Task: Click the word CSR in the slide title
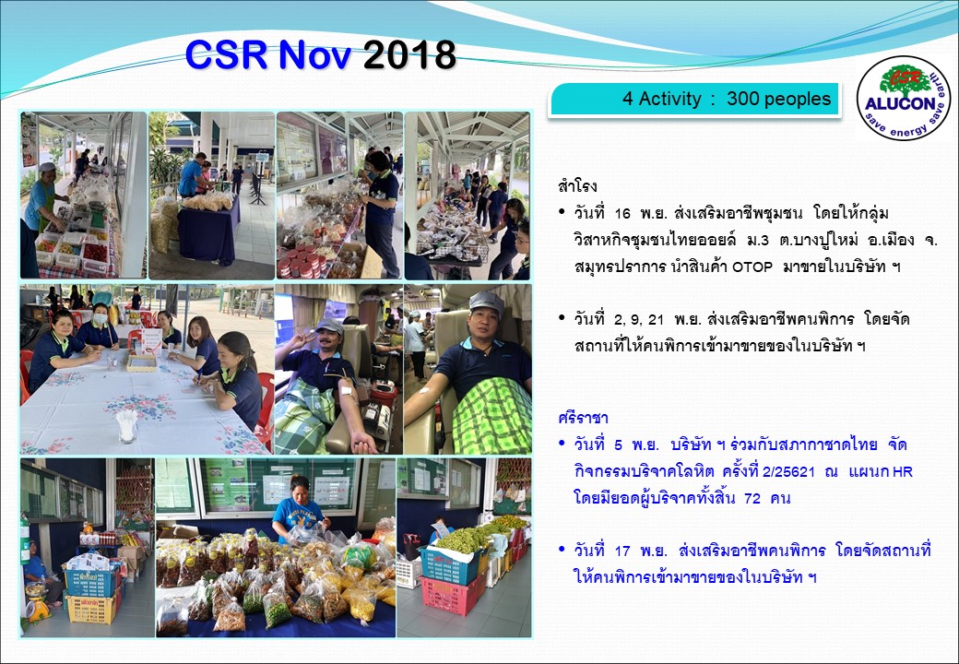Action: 226,54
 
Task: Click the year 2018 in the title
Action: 409,55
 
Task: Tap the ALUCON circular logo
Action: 904,98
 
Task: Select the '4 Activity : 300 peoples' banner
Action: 696,99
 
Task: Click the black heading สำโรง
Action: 577,186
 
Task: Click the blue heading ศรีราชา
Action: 583,418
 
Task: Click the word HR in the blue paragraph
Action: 903,472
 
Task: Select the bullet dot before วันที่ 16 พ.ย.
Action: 562,212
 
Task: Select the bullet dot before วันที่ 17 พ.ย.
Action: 562,550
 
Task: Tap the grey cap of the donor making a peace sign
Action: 329,326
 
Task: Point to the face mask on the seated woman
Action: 101,318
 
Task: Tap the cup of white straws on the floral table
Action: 127,425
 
